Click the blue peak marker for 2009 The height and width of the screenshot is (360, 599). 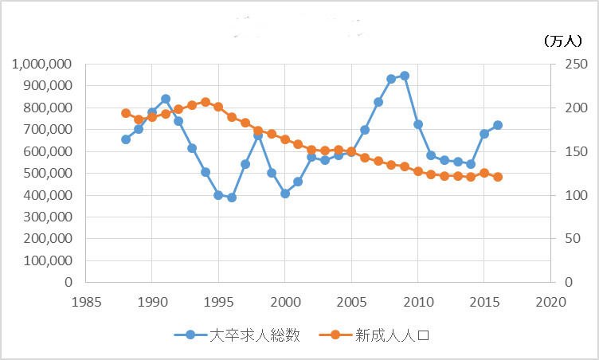tap(405, 76)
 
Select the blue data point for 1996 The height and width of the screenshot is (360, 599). tap(232, 198)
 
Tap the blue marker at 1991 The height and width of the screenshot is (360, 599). tap(166, 99)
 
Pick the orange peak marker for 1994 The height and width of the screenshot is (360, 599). tap(206, 102)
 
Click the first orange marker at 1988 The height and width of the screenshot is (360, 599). tap(126, 113)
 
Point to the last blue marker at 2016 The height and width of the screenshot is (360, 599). tap(497, 125)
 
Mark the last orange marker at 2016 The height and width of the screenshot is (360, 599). tap(497, 177)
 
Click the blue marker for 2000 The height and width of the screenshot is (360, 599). tap(285, 194)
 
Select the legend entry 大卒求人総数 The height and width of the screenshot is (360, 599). tap(237, 335)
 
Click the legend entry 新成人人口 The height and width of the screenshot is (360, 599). tap(374, 335)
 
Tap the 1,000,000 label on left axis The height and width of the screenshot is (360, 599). tap(42, 64)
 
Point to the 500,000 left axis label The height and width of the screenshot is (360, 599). tap(48, 173)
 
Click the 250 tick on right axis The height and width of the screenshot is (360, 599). tap(576, 64)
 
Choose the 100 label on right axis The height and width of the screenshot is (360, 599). tap(576, 195)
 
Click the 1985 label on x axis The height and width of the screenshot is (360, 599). tap(86, 302)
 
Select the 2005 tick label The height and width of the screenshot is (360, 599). tap(351, 302)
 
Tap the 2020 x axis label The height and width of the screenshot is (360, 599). tap(550, 302)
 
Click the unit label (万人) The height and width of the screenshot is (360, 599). tap(562, 41)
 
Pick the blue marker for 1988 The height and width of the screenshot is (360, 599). tap(126, 139)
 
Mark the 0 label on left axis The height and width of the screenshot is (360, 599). tap(69, 282)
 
